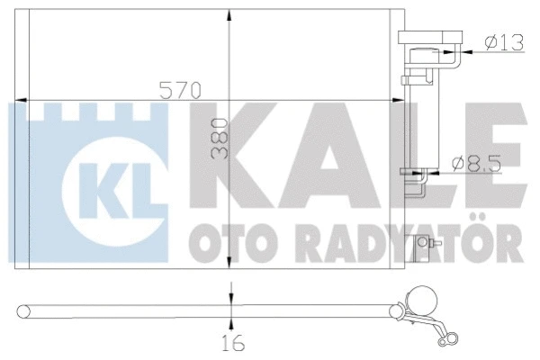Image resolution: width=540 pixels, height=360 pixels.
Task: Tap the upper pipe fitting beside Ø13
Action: pos(432,43)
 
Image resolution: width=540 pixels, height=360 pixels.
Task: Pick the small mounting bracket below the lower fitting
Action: pos(420,246)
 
